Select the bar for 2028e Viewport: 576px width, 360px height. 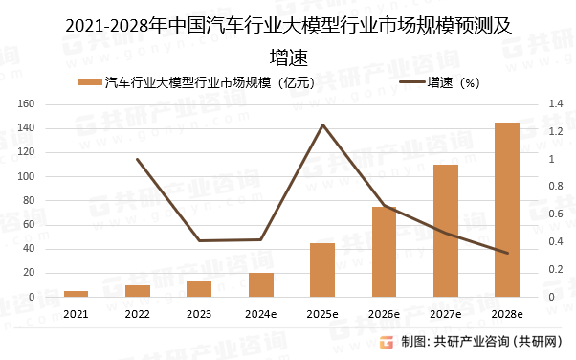click(x=506, y=210)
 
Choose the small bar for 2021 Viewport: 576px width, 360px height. click(x=77, y=294)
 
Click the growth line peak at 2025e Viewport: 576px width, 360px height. click(x=322, y=125)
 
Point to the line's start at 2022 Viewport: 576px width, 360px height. click(x=138, y=160)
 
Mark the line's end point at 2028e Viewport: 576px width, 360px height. click(x=506, y=253)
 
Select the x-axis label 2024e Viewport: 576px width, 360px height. click(x=261, y=313)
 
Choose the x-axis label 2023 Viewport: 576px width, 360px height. click(x=199, y=313)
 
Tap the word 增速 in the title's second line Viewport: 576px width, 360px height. click(x=288, y=55)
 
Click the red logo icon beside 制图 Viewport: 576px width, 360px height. click(x=387, y=342)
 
